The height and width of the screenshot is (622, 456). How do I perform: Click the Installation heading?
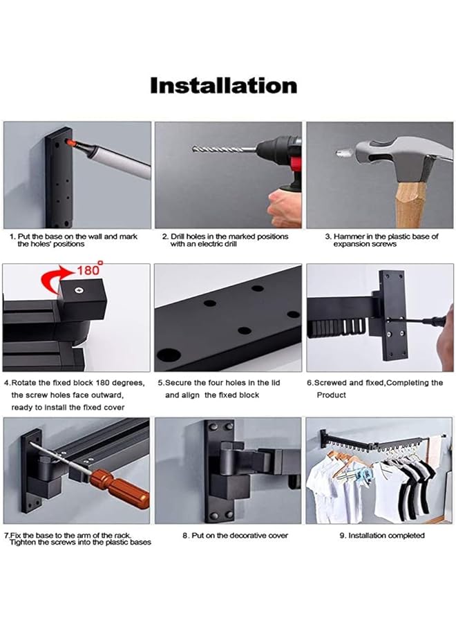[224, 85]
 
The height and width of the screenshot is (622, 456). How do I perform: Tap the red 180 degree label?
[90, 270]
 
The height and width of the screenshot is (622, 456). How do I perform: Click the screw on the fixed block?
[79, 290]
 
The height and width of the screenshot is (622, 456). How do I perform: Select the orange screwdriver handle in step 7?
[120, 489]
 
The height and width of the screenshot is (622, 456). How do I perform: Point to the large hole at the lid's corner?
[169, 355]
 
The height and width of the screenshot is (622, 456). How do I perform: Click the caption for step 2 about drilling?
[225, 240]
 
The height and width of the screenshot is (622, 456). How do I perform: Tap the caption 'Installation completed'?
[382, 535]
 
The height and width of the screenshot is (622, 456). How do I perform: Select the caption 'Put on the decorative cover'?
[235, 535]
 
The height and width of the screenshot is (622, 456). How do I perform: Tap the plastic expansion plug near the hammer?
[341, 152]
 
